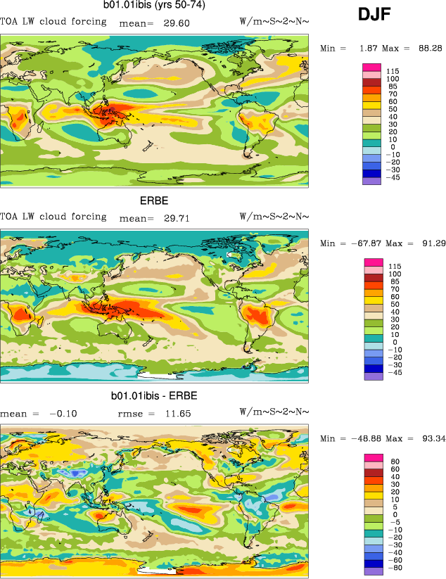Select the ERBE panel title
155,201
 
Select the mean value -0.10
63,414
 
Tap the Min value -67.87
362,243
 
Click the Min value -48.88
362,439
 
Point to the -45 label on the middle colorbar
395,373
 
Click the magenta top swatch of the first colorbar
371,66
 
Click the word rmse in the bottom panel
129,414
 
